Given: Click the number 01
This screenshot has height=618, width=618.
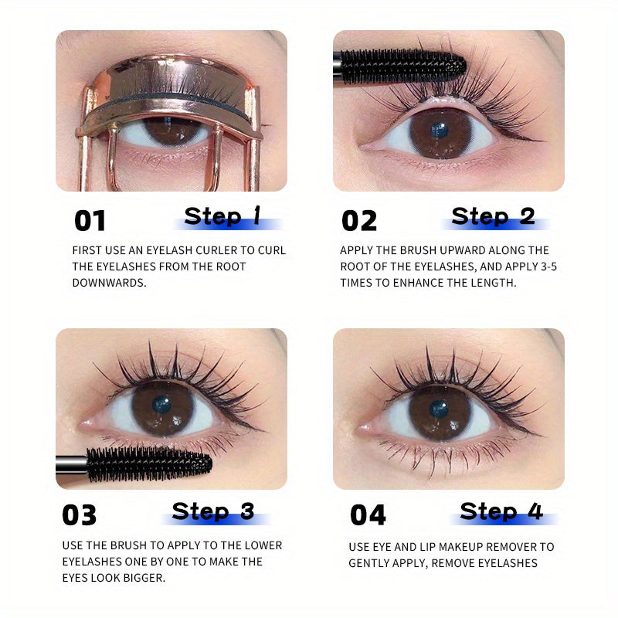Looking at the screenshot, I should tap(90, 221).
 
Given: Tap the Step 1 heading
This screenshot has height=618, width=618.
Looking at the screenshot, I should tap(223, 216).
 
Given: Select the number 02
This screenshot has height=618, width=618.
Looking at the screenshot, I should tap(359, 221).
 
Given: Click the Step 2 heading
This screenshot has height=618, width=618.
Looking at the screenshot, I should tap(494, 216).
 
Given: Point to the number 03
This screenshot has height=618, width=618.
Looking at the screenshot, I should tap(80, 515).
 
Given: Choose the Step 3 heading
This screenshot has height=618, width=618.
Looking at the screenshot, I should tap(213, 511).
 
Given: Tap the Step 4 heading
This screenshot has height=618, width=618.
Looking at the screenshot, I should tap(501, 511).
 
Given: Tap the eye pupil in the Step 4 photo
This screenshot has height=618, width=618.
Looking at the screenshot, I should tap(439, 408).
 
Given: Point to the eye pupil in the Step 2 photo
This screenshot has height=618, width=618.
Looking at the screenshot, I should tap(440, 130).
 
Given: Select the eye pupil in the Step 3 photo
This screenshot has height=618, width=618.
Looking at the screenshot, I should tap(161, 404).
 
